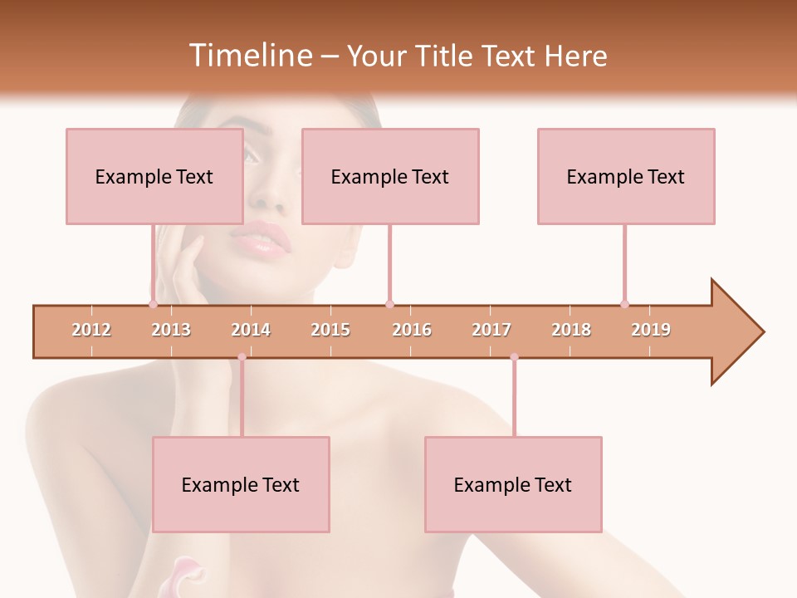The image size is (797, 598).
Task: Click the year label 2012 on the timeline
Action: (x=91, y=330)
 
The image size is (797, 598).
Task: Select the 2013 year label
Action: (x=171, y=330)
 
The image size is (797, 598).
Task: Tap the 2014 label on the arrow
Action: (x=251, y=330)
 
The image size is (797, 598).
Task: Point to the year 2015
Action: (x=330, y=330)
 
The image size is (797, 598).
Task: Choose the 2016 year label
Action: (x=412, y=330)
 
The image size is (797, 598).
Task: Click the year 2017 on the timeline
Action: (x=491, y=330)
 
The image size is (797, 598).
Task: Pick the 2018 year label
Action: (x=571, y=330)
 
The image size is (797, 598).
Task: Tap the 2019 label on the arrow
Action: (x=651, y=330)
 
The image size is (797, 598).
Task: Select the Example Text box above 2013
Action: (x=154, y=176)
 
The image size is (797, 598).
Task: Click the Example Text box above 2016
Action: (x=390, y=176)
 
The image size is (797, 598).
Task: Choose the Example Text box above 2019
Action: (x=626, y=176)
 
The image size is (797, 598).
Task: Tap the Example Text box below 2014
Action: (x=241, y=484)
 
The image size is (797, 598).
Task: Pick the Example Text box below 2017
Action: (x=513, y=484)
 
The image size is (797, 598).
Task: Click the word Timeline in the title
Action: (x=249, y=56)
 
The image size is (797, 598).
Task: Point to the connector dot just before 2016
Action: (x=389, y=304)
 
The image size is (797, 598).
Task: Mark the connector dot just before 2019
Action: (x=624, y=304)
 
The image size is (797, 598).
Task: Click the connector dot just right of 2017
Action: (x=514, y=357)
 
